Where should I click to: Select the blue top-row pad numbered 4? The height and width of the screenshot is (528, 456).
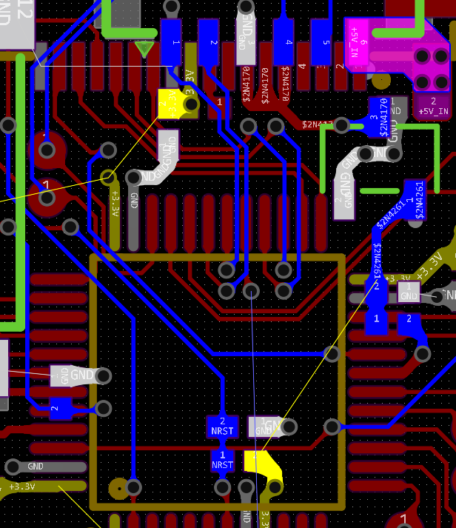pos(284,41)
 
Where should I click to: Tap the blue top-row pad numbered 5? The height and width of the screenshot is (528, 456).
pos(321,41)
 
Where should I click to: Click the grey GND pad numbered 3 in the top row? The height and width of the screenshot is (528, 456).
pos(247,41)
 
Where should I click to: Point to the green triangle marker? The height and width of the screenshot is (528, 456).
pos(144,50)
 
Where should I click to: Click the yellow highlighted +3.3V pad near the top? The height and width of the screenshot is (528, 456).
pos(170,104)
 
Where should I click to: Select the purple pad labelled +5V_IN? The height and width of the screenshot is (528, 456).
pos(434,105)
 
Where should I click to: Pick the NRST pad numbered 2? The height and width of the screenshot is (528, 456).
pos(222,427)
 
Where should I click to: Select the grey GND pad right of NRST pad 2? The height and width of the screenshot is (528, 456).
pos(266,426)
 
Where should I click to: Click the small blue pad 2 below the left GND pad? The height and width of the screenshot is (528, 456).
pos(59,409)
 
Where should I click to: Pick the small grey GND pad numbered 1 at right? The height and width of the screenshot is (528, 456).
pos(408,291)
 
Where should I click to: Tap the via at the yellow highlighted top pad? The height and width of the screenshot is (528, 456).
pos(190,104)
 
